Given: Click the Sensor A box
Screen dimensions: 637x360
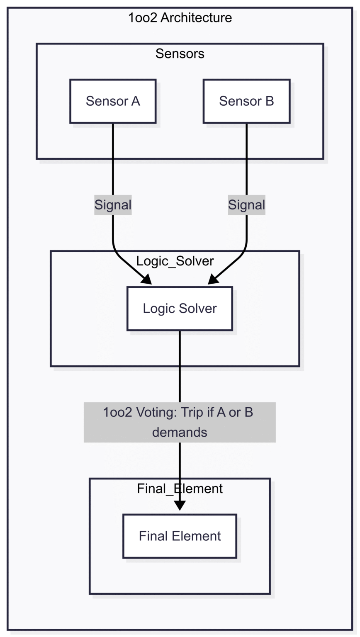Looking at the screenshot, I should pos(113,101).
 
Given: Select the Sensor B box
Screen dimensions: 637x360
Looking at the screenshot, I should pos(246,101).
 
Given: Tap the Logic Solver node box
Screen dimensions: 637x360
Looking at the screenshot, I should pos(180,309).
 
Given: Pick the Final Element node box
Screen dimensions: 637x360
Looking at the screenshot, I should pos(180,536).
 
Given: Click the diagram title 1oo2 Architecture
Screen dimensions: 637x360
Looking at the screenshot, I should pos(180,18).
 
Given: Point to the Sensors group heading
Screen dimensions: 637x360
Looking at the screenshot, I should pos(180,53).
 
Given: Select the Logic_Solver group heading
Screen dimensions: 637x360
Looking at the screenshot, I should pos(175,261).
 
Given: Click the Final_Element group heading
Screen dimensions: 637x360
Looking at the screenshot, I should pos(180,489).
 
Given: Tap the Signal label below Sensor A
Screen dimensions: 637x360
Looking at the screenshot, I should pos(113,205).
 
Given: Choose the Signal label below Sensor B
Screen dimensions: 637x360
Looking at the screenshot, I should pos(246,205).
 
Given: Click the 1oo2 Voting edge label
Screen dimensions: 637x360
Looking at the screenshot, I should pos(180,422).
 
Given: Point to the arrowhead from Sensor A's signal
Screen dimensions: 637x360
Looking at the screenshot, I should pos(146,280).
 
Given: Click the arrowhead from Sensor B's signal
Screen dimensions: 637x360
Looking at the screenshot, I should pos(213,280).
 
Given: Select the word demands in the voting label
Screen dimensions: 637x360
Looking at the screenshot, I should pos(180,432).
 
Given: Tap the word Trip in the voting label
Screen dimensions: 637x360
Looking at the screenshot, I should pos(194,413).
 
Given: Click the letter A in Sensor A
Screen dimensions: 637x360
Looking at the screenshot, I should pos(136,101).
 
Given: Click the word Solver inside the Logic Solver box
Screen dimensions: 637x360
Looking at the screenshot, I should pos(197,309).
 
